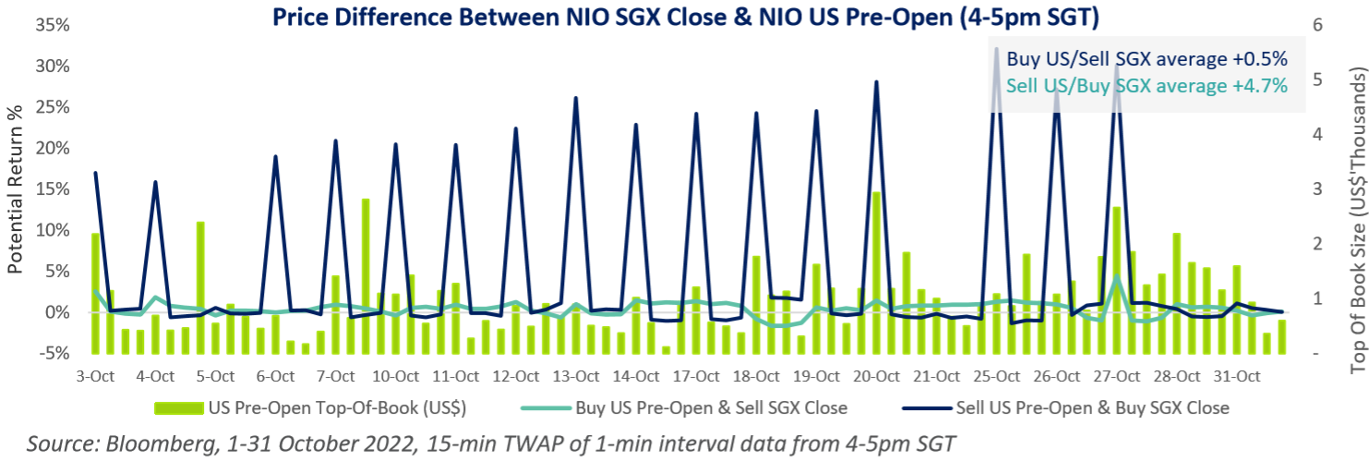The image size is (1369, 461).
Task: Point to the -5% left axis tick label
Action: point(53,354)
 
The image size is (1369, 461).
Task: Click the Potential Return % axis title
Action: point(16,189)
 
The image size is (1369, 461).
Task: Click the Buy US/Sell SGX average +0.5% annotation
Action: point(1147,58)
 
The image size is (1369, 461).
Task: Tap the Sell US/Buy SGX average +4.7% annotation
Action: point(1147,85)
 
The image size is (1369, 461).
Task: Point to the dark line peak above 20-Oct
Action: point(876,82)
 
